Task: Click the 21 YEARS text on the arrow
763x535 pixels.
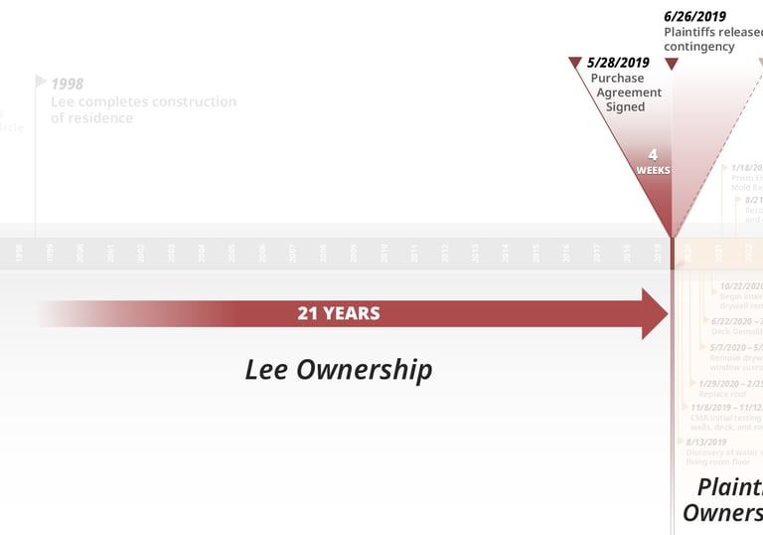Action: [338, 313]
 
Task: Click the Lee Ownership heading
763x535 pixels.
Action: [339, 370]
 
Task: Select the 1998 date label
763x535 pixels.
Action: [67, 84]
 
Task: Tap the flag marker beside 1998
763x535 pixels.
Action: [41, 81]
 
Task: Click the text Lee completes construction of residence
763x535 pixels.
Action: [143, 109]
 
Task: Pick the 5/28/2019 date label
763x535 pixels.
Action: [618, 63]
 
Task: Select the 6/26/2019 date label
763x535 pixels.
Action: [694, 16]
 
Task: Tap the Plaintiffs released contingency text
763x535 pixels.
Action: [712, 39]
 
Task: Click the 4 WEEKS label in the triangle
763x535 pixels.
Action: [653, 161]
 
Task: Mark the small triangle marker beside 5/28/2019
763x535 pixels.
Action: [574, 63]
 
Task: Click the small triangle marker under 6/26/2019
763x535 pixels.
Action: [672, 64]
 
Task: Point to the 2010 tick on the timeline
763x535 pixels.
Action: [384, 254]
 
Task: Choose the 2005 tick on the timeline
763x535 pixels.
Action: [232, 254]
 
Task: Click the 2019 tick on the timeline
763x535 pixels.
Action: [658, 254]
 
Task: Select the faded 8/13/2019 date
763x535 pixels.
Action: [705, 443]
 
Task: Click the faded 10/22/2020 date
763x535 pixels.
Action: [740, 286]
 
